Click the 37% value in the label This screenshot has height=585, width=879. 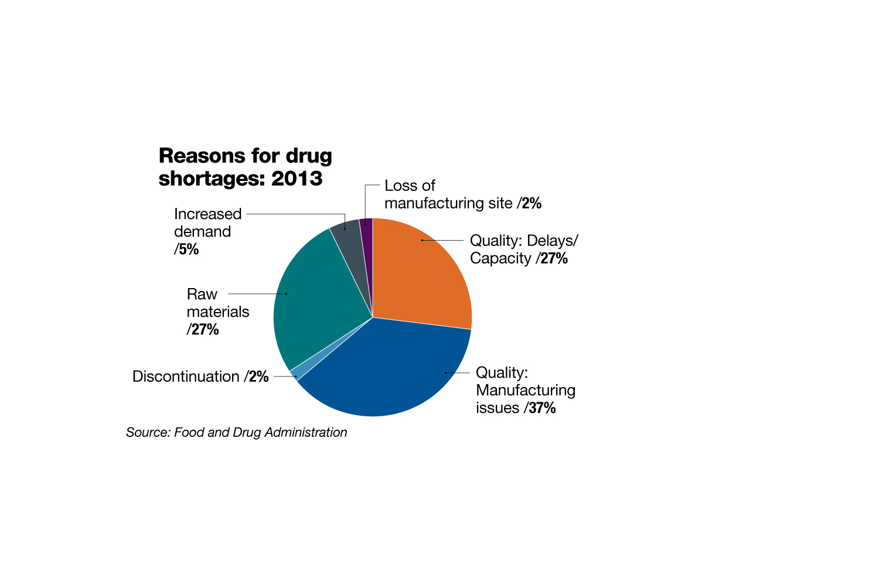[x=541, y=408]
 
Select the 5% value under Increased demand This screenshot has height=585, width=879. [x=188, y=249]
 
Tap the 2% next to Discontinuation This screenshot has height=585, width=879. [x=258, y=377]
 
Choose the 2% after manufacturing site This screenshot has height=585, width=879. [x=531, y=203]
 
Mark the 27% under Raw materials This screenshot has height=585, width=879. [x=205, y=330]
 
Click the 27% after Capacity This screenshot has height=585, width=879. [x=554, y=258]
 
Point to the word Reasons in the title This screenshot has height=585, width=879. [x=201, y=156]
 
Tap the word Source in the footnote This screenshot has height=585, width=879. [x=147, y=432]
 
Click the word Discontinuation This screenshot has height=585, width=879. [x=186, y=377]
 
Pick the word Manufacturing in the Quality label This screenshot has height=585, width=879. [x=526, y=391]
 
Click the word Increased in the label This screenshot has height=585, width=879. [x=207, y=214]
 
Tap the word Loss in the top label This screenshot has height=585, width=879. [x=397, y=186]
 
